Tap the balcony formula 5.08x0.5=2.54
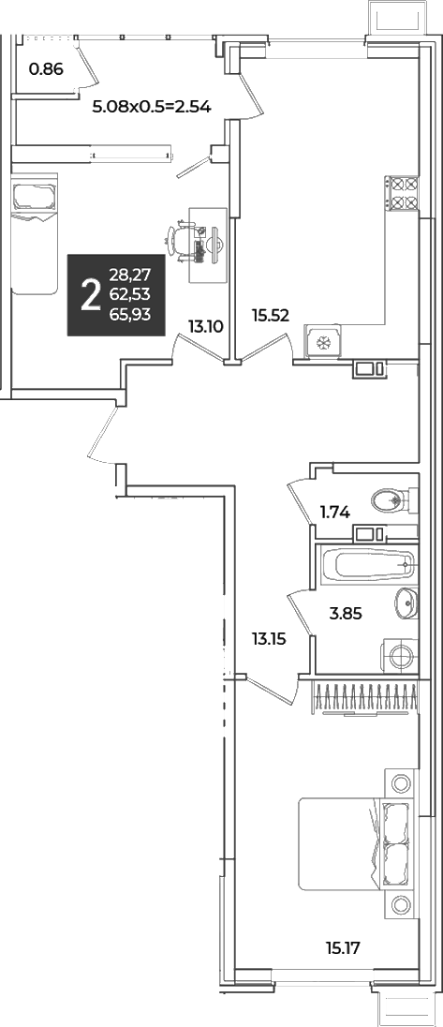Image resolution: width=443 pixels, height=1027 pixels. (x=152, y=106)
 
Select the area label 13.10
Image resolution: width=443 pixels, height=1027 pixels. (x=204, y=324)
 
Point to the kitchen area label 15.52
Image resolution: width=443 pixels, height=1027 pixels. (x=271, y=315)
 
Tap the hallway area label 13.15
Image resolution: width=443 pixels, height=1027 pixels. (x=268, y=639)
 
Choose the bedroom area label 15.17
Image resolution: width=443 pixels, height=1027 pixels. (x=344, y=946)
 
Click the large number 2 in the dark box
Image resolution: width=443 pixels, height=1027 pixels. (x=90, y=295)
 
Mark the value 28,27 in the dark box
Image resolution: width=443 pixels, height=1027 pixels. (x=130, y=275)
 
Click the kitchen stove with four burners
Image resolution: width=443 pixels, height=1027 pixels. (x=401, y=194)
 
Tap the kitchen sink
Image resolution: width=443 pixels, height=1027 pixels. (x=323, y=340)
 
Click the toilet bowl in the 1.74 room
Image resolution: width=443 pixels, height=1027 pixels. (x=392, y=501)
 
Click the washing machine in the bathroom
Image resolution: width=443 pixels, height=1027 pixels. (x=399, y=655)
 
